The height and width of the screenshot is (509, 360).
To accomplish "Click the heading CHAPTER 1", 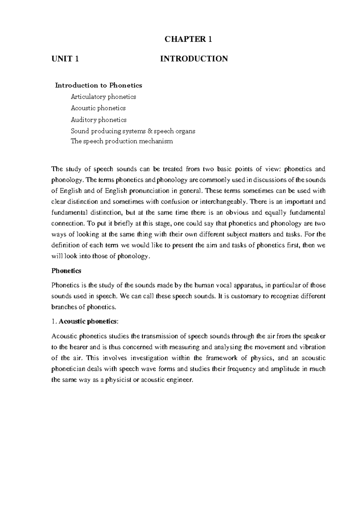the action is (x=188, y=39).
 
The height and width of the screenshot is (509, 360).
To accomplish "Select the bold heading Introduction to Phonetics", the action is (x=98, y=85).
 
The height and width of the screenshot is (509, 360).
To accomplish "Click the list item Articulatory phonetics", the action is (x=103, y=97).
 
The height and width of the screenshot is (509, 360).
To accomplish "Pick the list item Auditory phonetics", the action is (x=98, y=120).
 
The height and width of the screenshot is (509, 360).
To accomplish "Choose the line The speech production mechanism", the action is (x=121, y=141).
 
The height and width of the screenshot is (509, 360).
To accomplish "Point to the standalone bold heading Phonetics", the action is (x=66, y=271).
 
